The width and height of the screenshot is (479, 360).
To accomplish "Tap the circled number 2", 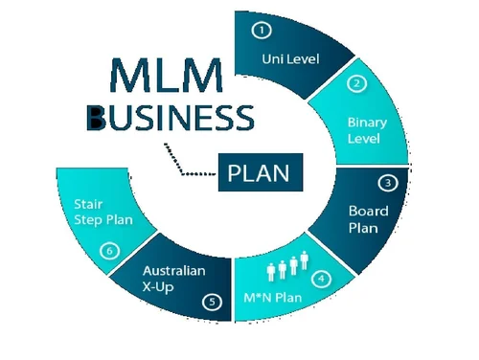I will [356, 83].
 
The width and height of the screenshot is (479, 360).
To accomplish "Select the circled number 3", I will [387, 183].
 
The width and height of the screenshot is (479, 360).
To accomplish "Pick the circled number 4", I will [322, 280].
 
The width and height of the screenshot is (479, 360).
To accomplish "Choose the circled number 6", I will [111, 251].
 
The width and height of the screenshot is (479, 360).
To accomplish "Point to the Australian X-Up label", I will [172, 279].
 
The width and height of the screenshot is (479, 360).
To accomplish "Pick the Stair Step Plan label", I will [103, 212].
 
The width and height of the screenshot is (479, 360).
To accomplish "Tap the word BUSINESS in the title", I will [170, 118].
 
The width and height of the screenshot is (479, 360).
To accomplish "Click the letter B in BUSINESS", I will [96, 118].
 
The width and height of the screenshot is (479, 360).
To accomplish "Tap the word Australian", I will [173, 271].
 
